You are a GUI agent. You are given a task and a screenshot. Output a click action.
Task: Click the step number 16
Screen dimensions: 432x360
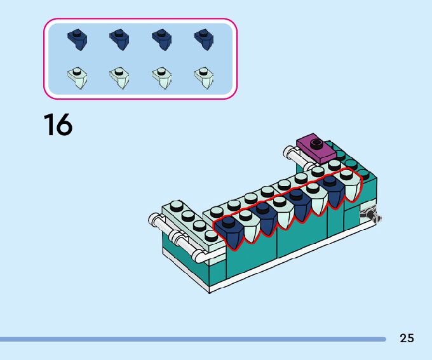[x=58, y=124]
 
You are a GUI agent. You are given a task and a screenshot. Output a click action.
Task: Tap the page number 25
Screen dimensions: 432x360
[x=407, y=338]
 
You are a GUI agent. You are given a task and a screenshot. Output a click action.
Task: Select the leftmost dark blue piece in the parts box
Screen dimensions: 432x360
[x=78, y=39]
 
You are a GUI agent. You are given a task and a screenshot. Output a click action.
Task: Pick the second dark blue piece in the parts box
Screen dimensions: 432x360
[x=119, y=39]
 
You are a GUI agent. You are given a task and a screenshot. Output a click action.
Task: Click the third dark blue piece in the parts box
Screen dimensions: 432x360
[x=161, y=39]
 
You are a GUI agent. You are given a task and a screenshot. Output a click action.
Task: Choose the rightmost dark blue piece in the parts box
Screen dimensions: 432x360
[x=203, y=39]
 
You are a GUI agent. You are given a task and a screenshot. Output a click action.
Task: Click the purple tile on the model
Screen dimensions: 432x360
[x=316, y=148]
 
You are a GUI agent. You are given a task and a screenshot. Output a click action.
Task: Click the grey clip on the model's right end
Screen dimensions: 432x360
[x=370, y=216]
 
